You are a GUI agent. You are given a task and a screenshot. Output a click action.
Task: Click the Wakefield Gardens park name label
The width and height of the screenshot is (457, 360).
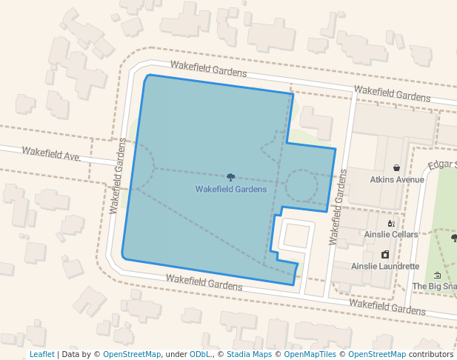230,190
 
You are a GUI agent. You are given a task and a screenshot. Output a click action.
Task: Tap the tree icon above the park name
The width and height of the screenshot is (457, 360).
231,178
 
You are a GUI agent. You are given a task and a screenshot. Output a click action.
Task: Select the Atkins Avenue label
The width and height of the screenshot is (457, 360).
397,179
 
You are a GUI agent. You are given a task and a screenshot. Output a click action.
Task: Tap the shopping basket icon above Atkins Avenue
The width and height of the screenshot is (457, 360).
397,168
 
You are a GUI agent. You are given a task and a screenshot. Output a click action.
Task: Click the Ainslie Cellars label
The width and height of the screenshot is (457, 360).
391,234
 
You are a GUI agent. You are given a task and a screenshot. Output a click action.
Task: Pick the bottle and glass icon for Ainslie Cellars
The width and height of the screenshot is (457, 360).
391,223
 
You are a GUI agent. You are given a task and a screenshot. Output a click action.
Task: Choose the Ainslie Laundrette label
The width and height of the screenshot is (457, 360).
385,266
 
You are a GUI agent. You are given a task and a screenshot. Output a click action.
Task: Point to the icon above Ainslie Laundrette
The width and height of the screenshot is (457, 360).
385,255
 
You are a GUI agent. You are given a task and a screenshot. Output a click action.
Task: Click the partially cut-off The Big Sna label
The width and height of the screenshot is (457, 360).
434,286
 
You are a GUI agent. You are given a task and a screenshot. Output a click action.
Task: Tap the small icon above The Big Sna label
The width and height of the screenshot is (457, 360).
437,276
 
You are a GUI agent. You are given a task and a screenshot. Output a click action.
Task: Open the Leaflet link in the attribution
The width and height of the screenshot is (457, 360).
41,355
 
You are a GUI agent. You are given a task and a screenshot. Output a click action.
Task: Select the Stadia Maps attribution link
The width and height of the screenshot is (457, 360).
249,355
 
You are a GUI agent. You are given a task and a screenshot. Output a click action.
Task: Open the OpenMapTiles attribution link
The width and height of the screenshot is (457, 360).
310,355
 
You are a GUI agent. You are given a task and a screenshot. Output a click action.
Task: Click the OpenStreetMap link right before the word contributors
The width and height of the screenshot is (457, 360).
377,355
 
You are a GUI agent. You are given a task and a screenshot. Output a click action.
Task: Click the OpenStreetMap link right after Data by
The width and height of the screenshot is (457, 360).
132,355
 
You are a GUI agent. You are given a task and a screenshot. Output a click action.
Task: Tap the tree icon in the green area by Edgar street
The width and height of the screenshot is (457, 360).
453,238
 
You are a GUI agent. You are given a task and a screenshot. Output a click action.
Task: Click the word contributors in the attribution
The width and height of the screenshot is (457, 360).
431,355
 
